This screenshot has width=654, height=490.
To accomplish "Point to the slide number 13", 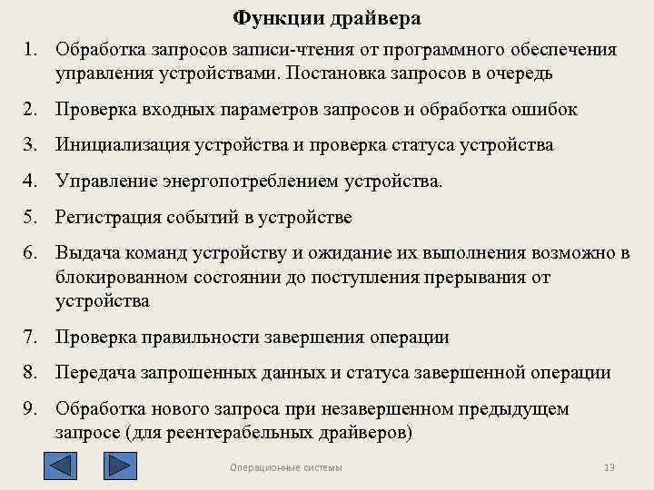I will [609, 467].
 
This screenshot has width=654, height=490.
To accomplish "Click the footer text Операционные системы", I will [286, 467].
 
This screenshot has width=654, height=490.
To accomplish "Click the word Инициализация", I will [119, 145].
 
